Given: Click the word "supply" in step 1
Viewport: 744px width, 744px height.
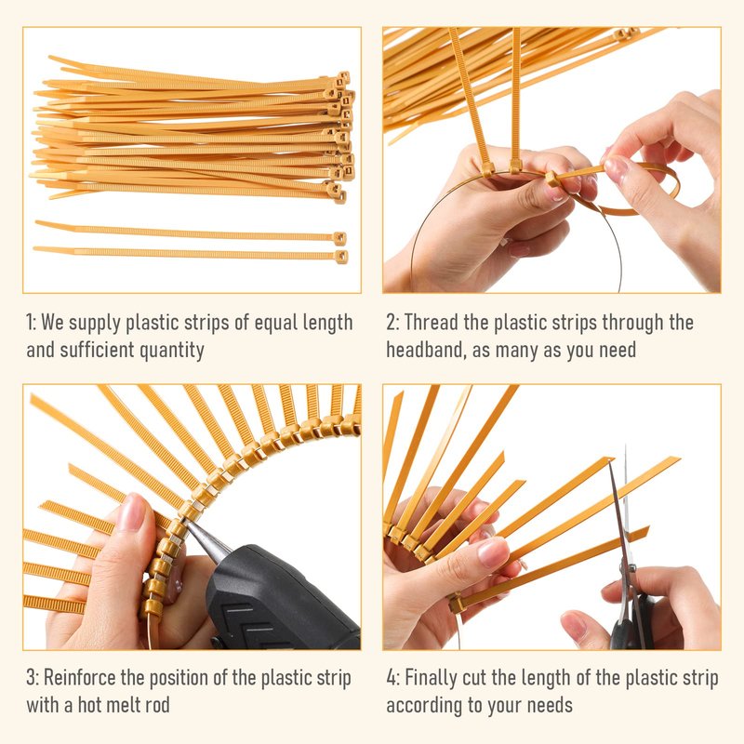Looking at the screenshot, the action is (95, 323).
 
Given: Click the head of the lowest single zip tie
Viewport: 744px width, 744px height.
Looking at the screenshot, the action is (340, 257).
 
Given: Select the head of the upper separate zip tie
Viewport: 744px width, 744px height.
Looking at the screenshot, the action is (339, 238).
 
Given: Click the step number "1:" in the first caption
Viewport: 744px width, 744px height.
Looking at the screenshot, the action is (31, 323).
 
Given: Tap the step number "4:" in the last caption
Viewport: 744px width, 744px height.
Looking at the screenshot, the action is (392, 678).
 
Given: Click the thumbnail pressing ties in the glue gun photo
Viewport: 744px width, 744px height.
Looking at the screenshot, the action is (132, 511).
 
